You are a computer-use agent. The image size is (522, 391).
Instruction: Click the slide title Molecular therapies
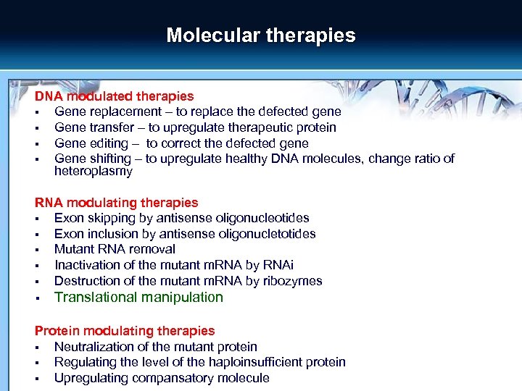(261, 35)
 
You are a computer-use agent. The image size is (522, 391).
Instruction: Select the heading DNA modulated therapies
(115, 96)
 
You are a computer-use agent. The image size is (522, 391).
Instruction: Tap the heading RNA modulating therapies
(117, 203)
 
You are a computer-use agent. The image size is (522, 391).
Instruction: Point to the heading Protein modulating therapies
(125, 331)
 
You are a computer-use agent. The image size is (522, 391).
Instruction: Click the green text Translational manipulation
(139, 297)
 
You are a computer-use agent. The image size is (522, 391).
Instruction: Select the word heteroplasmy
(94, 172)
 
